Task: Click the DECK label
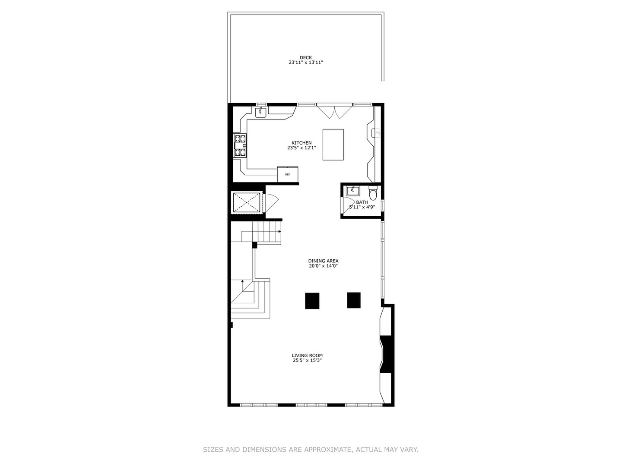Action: point(305,57)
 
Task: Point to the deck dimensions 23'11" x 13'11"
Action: point(306,63)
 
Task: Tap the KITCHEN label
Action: point(301,143)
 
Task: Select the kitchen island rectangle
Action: point(333,145)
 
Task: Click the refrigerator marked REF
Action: point(288,174)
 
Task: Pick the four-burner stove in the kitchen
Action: point(240,145)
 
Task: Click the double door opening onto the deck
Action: point(335,111)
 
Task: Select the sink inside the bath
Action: point(353,191)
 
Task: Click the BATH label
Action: point(362,202)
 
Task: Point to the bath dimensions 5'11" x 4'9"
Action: point(362,207)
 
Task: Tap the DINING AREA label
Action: point(323,261)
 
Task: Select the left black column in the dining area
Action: point(312,301)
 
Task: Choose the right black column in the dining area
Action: point(354,300)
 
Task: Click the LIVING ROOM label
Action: point(307,356)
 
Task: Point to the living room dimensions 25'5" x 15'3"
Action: point(307,361)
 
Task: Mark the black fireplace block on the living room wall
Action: point(387,354)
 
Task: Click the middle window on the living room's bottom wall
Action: point(311,405)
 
